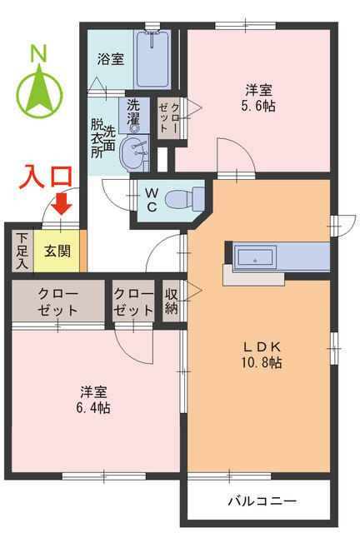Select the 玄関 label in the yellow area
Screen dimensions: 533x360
57,250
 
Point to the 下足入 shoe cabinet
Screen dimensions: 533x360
22,251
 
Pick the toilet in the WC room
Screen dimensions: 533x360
182,199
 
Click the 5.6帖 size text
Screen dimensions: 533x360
258,106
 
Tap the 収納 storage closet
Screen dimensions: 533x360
171,301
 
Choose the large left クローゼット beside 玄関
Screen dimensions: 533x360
57,301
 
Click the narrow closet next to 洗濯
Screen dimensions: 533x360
165,117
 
